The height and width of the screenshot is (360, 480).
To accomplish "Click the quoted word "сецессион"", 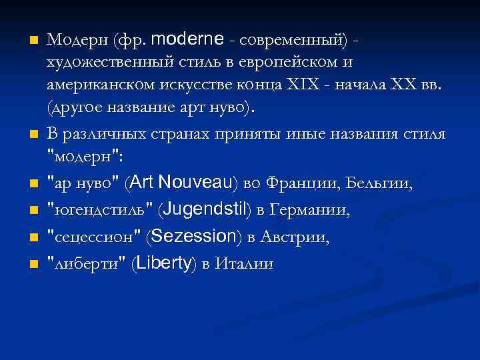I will (93, 237).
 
